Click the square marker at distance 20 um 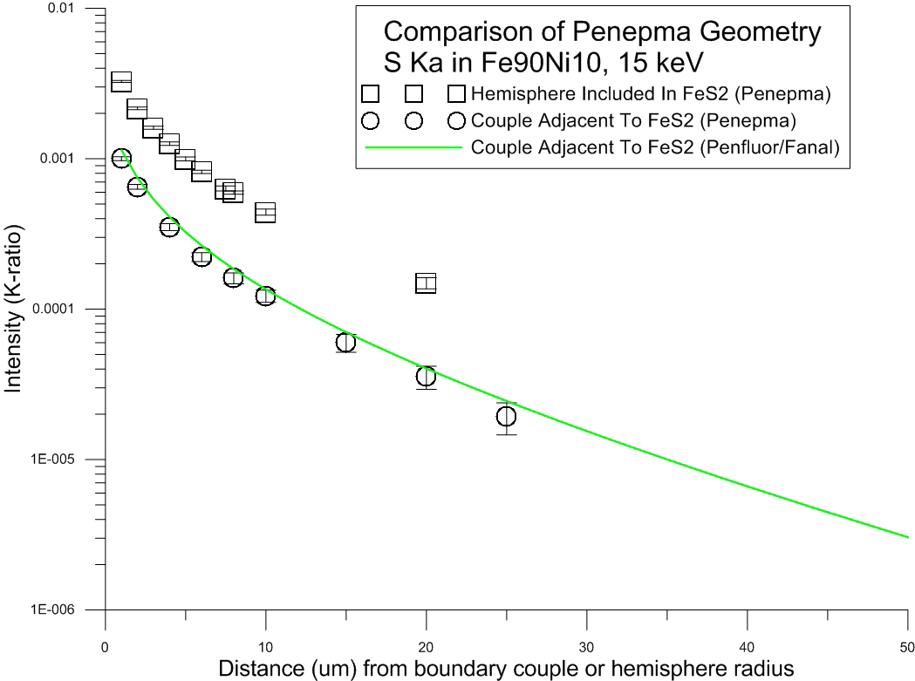(426, 283)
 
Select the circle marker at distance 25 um (506, 416)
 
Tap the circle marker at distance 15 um (345, 342)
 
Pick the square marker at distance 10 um (265, 212)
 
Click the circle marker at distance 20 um (426, 377)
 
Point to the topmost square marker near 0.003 (121, 82)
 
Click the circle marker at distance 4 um (169, 227)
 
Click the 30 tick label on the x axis (587, 647)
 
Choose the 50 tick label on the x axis (907, 647)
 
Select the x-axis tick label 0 (106, 647)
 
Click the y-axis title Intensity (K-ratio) (15, 310)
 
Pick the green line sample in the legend (412, 147)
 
